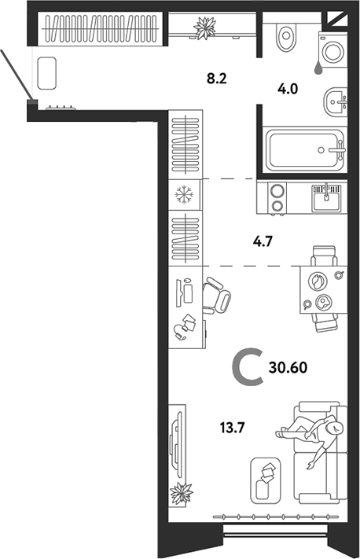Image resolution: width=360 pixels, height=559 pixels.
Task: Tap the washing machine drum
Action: tap(333, 52)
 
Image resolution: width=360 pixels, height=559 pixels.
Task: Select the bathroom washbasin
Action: tap(335, 101)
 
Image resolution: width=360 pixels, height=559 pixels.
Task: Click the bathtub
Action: tap(306, 150)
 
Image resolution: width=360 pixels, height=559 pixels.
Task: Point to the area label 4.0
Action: tap(287, 89)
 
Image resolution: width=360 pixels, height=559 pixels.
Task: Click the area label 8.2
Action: tap(217, 78)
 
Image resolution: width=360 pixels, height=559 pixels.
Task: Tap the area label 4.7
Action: tap(263, 242)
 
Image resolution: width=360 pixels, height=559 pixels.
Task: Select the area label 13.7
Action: tap(232, 427)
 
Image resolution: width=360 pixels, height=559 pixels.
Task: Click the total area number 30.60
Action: tap(288, 367)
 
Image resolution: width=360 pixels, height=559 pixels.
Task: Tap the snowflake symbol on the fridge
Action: tap(184, 195)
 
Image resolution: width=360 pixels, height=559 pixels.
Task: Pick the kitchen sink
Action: tap(327, 198)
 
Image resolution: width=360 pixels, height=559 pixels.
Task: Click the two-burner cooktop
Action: tap(277, 198)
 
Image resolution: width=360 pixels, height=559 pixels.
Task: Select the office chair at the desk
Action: tap(216, 296)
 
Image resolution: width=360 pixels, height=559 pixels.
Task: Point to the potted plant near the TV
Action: tap(182, 494)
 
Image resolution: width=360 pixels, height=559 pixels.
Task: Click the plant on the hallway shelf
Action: tap(205, 28)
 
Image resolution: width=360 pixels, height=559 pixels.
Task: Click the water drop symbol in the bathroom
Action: tap(318, 69)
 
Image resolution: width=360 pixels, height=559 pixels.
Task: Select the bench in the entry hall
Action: tap(46, 73)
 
